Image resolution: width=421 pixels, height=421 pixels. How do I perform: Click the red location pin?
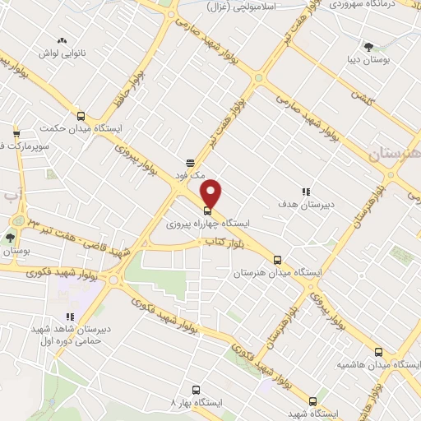coord(211,192)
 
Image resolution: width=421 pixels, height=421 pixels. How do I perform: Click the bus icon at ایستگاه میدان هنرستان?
coord(277,258)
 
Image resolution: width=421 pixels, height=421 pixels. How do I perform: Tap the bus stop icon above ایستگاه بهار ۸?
coord(195,390)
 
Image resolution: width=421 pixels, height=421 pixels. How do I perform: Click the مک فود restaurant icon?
coord(190,163)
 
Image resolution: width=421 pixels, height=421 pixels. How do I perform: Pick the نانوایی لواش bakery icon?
coord(61,40)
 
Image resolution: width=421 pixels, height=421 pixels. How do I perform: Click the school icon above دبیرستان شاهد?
coord(71,316)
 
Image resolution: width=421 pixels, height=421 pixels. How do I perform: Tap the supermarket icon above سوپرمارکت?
coord(16,134)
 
